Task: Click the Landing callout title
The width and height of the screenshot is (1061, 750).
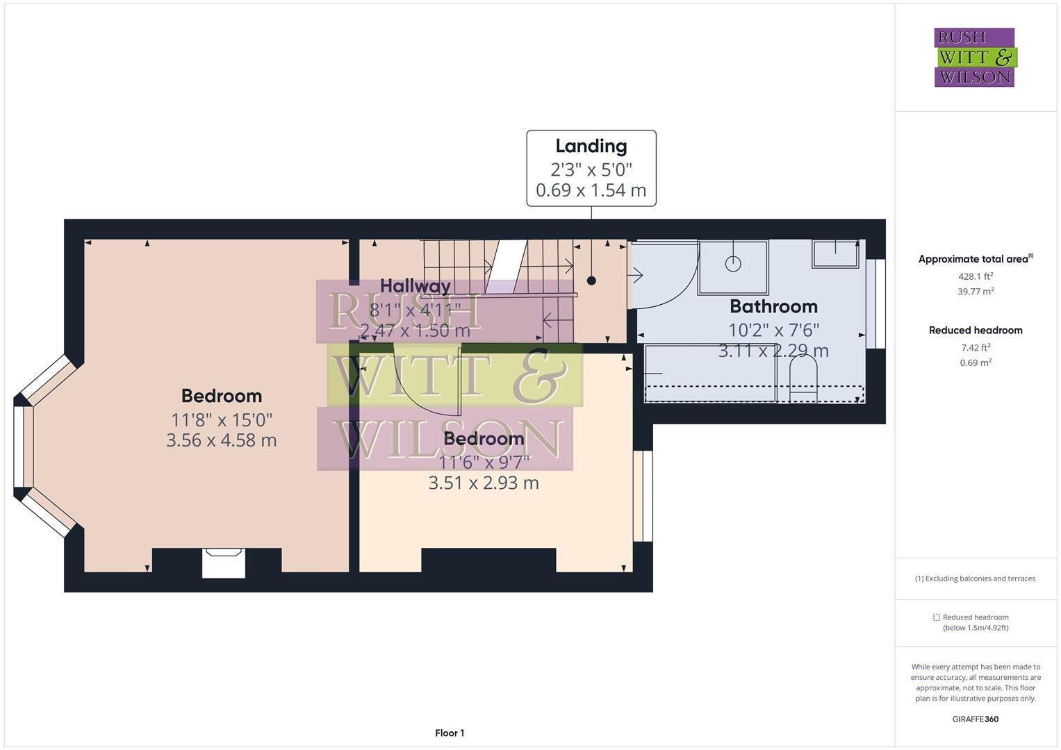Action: pos(591,147)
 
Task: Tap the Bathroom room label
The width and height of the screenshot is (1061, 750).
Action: pos(773,306)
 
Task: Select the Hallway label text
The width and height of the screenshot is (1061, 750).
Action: pos(416,285)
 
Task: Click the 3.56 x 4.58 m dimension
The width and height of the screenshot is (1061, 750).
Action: pos(221,440)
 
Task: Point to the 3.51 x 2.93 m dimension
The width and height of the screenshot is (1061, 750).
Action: pos(484,483)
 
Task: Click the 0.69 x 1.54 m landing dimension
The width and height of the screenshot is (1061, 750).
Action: pos(591,190)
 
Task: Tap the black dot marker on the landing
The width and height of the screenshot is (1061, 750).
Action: pos(591,281)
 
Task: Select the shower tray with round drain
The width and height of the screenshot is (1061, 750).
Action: pos(733,267)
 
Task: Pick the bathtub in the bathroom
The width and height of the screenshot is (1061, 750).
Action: pos(710,373)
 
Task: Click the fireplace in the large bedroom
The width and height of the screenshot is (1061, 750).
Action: pos(224,562)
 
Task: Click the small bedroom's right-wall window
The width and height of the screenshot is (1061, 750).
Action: pos(643,496)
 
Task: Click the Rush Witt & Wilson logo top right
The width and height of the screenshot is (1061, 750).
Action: pos(974,58)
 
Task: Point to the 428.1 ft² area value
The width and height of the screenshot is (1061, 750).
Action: pos(976,276)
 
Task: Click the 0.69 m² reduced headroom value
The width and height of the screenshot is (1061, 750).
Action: pos(976,362)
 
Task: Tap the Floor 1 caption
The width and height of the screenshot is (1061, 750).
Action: pos(450,733)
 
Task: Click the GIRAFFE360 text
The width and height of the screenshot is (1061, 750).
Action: pos(975,719)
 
